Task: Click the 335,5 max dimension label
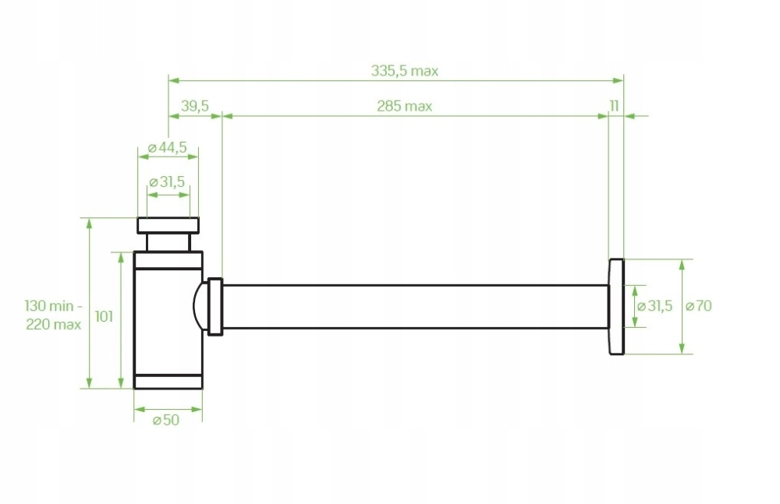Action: point(404,71)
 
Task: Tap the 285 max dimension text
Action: point(404,107)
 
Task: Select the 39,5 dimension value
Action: point(195,106)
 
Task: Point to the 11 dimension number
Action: point(615,106)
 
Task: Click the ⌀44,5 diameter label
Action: point(168,148)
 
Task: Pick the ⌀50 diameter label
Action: point(166,420)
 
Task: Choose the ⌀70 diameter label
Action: point(699,305)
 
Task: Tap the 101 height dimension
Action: point(104,316)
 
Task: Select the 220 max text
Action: point(54,325)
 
